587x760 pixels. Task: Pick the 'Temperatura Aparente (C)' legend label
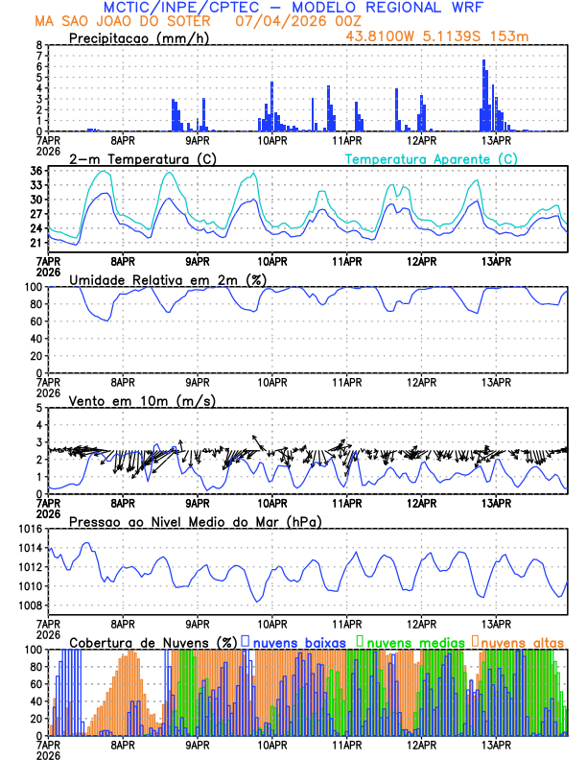tap(432, 158)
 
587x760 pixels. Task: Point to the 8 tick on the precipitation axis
tap(37, 45)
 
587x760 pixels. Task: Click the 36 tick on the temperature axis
tap(35, 171)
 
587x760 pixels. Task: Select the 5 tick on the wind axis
tap(37, 408)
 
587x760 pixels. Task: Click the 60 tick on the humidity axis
tap(35, 321)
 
